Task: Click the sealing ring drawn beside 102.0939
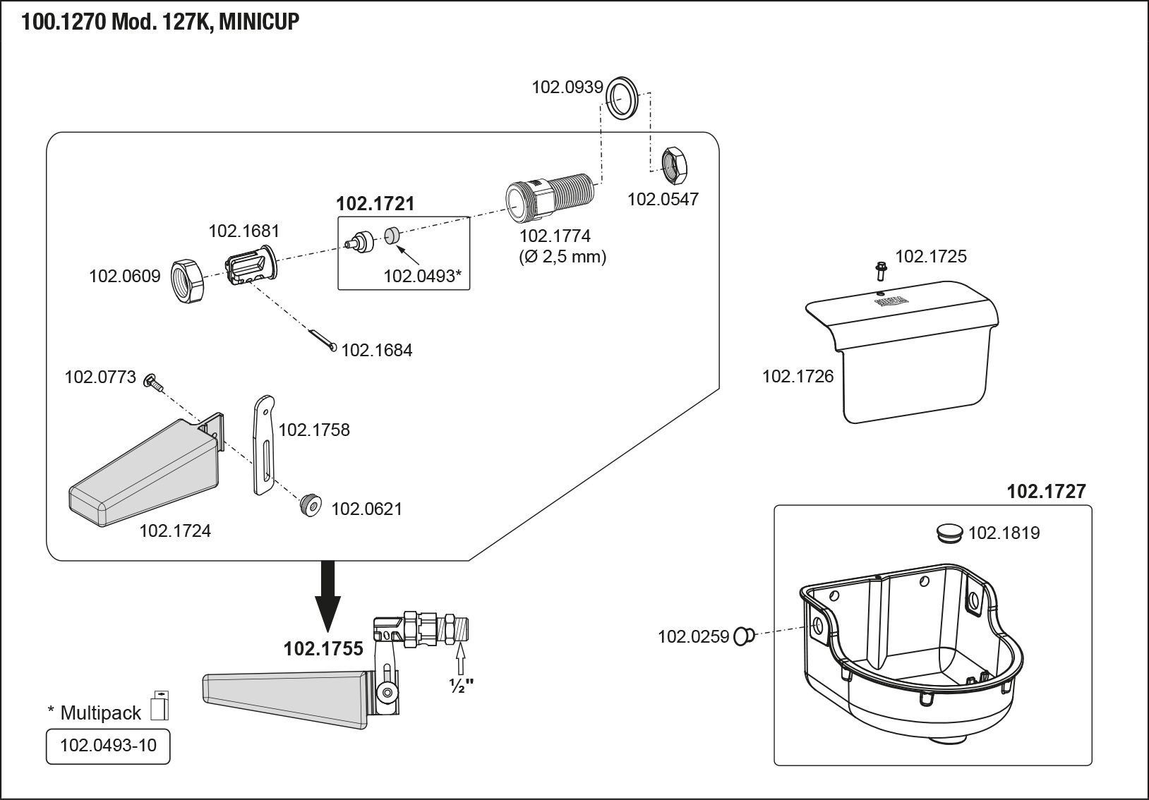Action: pos(622,97)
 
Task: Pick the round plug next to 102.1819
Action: pos(949,533)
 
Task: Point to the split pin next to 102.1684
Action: pos(322,339)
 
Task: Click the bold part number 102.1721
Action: pos(375,204)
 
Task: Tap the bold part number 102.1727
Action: pos(1046,491)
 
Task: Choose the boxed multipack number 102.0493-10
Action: pos(108,746)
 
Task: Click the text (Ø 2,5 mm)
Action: pos(563,257)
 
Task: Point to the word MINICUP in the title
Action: pos(259,23)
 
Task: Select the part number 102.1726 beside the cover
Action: pos(798,376)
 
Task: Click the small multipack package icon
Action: pos(161,705)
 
